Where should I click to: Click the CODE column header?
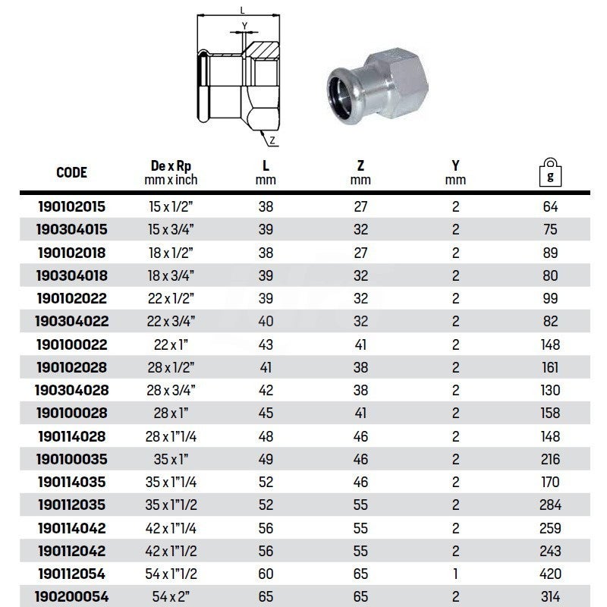click(72, 172)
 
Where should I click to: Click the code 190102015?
click(72, 206)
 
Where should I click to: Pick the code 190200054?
click(72, 598)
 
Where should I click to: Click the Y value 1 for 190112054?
click(455, 574)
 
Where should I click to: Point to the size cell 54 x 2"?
click(170, 598)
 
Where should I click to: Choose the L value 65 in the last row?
click(266, 598)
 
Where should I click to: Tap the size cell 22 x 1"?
click(170, 344)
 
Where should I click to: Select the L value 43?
click(266, 344)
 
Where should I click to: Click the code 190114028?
click(72, 436)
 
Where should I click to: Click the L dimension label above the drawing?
click(241, 10)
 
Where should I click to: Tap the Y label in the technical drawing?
click(244, 26)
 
